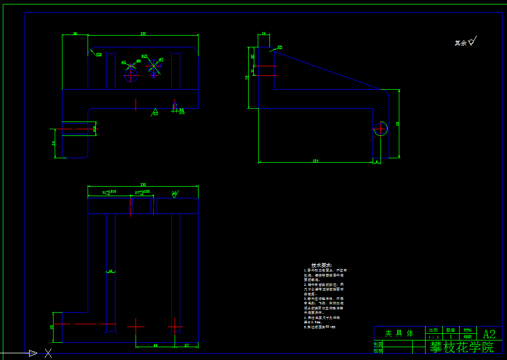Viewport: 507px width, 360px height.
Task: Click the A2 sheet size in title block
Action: [x=489, y=334]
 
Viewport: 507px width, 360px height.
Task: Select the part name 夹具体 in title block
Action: [x=399, y=333]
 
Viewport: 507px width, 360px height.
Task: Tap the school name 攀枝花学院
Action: [x=462, y=347]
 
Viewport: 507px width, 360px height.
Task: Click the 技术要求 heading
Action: [x=321, y=265]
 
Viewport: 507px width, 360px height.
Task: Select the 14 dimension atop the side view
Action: [x=264, y=34]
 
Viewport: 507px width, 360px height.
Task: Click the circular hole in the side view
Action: [x=381, y=128]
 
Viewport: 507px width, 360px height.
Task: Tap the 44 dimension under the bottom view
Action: [x=155, y=346]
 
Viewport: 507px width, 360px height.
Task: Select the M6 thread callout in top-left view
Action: [x=181, y=110]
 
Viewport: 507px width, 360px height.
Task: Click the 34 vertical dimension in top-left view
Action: [x=54, y=143]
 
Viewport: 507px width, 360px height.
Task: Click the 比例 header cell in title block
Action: [x=433, y=330]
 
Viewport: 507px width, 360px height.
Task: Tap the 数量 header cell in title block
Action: [x=450, y=330]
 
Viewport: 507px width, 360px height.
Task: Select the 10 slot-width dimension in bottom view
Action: [x=110, y=271]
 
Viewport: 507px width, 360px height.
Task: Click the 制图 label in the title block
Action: [x=378, y=344]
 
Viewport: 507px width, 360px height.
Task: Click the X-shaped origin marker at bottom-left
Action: [x=49, y=353]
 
